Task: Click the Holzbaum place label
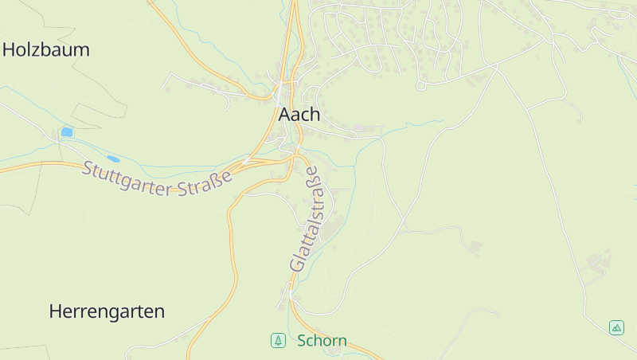(x=45, y=49)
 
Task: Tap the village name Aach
(x=299, y=114)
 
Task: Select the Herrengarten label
(x=107, y=311)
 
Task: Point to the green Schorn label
(x=322, y=341)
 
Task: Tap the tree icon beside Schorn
(x=278, y=341)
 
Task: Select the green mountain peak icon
(x=616, y=327)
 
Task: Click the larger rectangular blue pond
(x=67, y=131)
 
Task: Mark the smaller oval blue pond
(x=114, y=159)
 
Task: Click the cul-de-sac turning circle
(x=420, y=86)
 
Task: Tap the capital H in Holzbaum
(x=10, y=49)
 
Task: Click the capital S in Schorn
(x=302, y=341)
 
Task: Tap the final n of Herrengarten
(x=159, y=311)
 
